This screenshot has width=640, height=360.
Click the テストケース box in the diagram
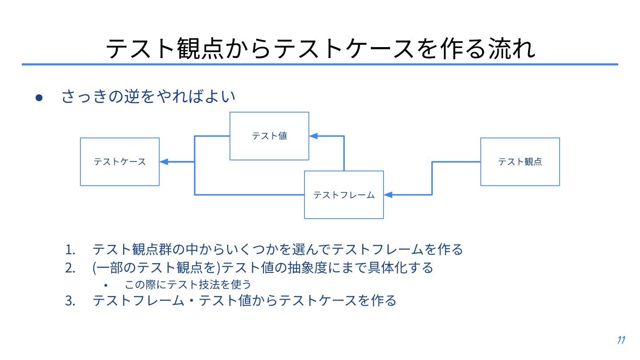120,162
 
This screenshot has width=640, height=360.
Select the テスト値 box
269,136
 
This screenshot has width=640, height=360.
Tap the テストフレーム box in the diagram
344,195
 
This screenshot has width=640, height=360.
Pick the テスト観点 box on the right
520,162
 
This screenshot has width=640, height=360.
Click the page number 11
621,340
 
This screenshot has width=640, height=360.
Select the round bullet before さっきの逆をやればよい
39,97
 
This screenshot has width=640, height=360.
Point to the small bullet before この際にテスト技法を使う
106,284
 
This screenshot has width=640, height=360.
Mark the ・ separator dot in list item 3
192,301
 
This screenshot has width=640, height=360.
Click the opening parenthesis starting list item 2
95,268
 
